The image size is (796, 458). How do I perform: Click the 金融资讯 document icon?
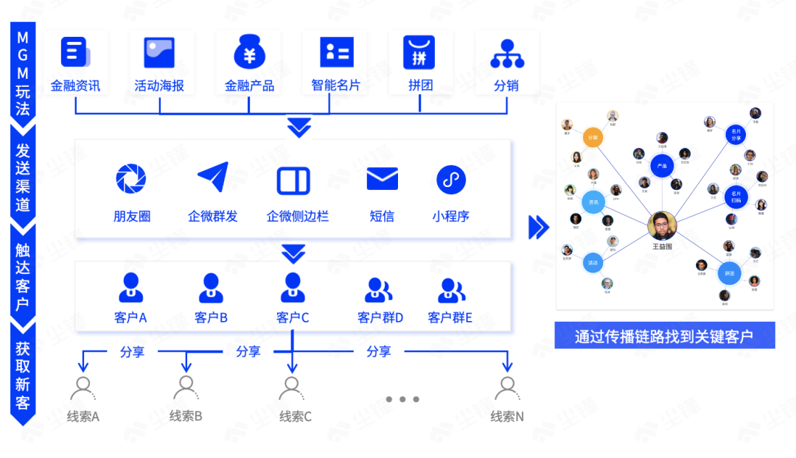pos(74,52)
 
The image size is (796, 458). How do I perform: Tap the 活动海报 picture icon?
pos(159,52)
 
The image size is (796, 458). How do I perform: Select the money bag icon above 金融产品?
pos(249,52)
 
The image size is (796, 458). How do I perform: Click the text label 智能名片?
pos(335,85)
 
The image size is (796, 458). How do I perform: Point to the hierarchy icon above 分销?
pos(507,52)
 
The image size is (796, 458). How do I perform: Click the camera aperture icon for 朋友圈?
pos(131,179)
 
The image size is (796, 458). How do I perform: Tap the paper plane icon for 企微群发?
pos(212,178)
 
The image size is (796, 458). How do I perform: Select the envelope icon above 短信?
pos(382,179)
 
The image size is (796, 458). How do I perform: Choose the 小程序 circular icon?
pos(451,179)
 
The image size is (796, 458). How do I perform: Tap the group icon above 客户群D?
pos(380,289)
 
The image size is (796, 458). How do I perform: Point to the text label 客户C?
pos(293,317)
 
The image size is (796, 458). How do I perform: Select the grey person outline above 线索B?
pos(186,387)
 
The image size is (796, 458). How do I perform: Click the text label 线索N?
pos(507,417)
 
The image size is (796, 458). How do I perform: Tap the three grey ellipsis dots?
pos(402,399)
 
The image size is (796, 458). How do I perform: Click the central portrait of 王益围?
pos(662,226)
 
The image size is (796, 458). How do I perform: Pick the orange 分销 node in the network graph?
pos(594,138)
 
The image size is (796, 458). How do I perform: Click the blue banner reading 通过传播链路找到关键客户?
pos(664,336)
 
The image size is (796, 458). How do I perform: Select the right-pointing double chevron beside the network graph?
pos(539,227)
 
